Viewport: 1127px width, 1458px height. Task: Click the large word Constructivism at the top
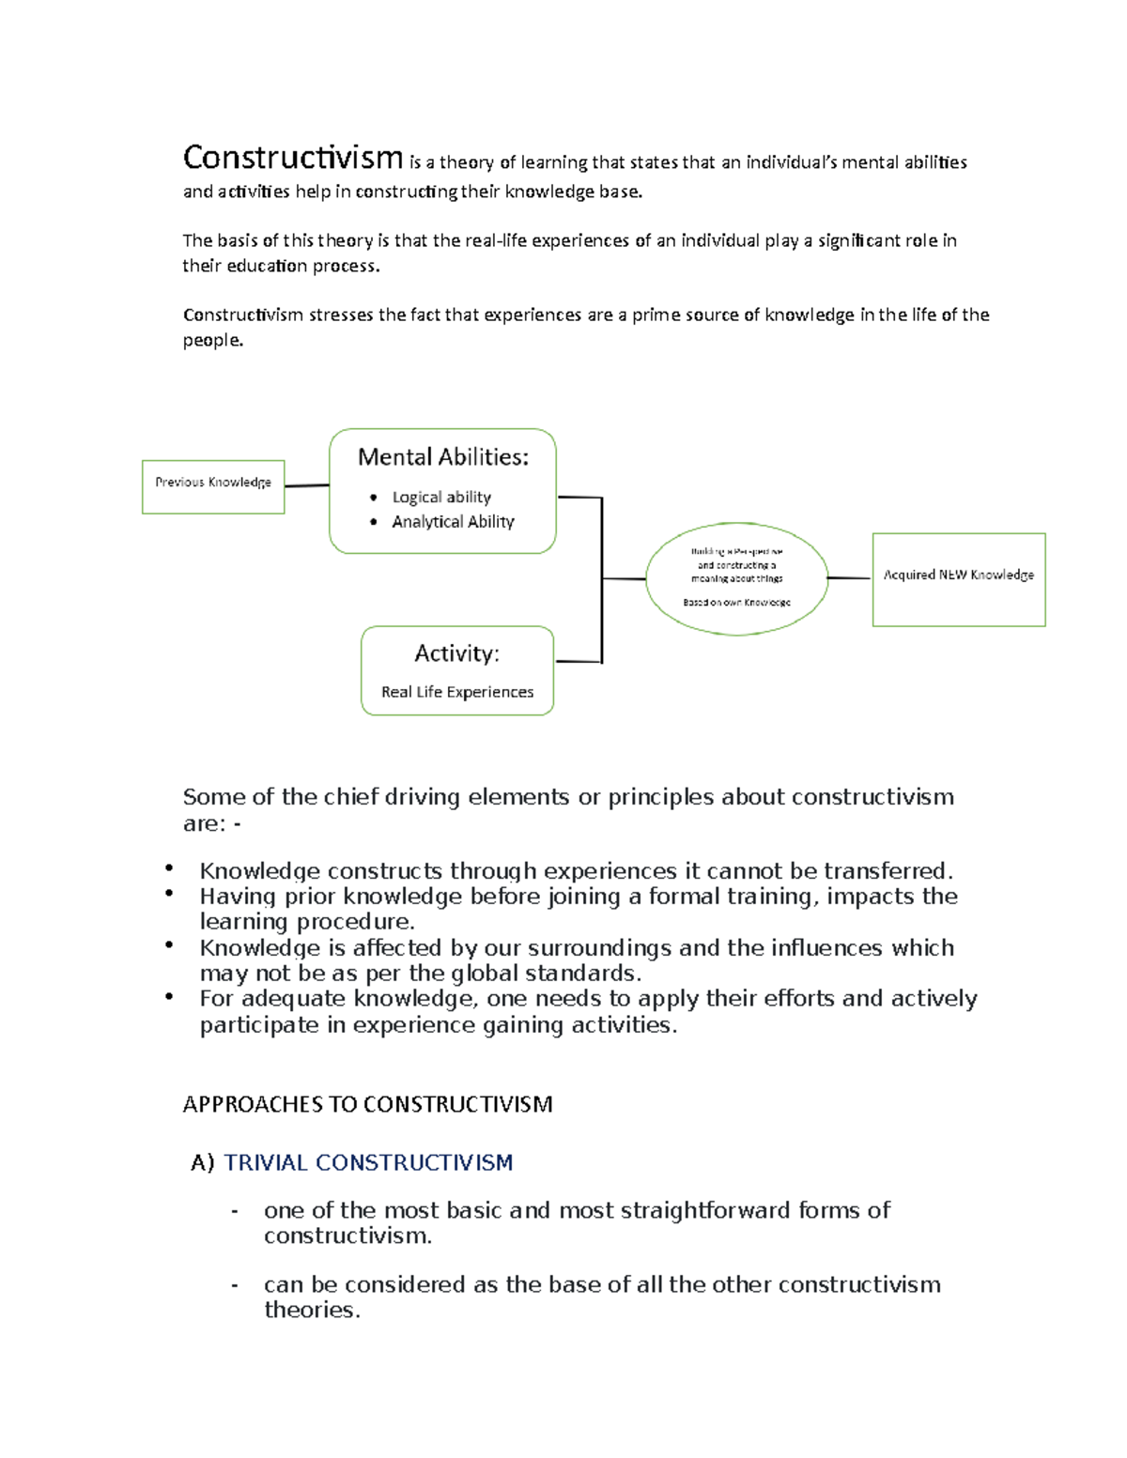(x=292, y=158)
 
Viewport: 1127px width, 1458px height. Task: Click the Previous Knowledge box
(x=213, y=486)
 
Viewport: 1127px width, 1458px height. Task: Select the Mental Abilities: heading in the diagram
(x=443, y=457)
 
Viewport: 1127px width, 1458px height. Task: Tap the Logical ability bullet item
(x=441, y=497)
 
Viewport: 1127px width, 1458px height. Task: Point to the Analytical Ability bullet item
(x=453, y=522)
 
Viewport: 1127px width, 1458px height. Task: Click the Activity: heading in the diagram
(x=457, y=653)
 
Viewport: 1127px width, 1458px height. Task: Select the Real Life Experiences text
(x=457, y=692)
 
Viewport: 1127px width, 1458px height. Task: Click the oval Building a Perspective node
(x=737, y=578)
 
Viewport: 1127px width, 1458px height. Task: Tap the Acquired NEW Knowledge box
(x=958, y=578)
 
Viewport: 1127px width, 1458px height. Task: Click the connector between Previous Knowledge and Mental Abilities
(x=307, y=485)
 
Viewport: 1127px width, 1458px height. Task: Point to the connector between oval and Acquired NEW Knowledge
(x=850, y=578)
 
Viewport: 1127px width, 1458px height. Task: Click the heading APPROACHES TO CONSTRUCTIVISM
(x=367, y=1104)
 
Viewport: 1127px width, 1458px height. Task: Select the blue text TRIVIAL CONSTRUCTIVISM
(x=368, y=1162)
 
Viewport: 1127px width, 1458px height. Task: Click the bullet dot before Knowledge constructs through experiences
(x=169, y=867)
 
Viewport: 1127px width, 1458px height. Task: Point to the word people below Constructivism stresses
(x=211, y=340)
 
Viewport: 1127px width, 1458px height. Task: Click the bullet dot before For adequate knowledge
(x=169, y=995)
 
